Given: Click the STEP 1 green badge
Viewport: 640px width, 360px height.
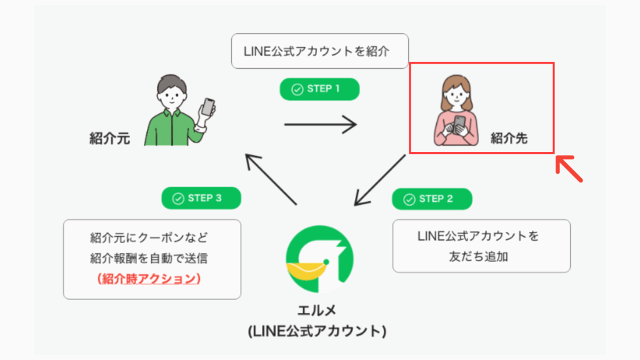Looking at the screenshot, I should click(319, 89).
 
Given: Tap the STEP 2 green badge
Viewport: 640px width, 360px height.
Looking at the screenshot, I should click(432, 199).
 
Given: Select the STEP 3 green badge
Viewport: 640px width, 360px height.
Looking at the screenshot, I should click(201, 198).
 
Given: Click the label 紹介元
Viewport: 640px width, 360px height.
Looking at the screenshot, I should click(109, 139).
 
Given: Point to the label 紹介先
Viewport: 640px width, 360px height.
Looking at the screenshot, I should click(509, 139).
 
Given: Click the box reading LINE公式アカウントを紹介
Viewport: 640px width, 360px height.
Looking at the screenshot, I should click(319, 51).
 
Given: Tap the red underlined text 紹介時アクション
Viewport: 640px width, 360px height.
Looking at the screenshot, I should click(151, 279).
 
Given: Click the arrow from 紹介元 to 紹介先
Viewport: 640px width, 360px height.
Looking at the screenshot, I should click(320, 124).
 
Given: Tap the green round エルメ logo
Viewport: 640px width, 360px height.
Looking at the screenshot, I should click(319, 259).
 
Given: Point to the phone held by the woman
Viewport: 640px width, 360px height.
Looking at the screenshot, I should click(459, 123).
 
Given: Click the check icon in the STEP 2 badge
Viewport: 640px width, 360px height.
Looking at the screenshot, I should click(409, 199).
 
